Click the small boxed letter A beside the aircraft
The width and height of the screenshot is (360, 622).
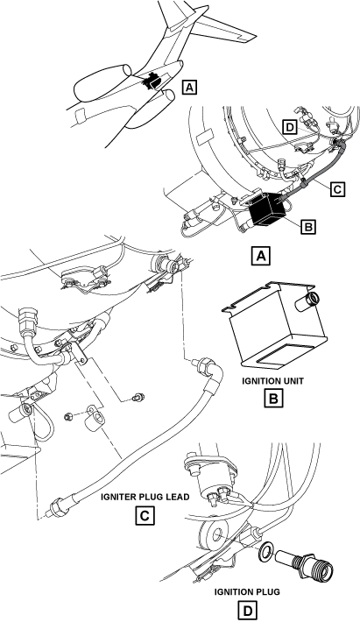(189, 87)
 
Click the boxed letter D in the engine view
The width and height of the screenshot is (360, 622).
(290, 127)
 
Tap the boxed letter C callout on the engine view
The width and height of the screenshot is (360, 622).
(337, 189)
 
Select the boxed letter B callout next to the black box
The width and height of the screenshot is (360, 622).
(308, 227)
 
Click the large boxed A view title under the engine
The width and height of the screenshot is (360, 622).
(261, 256)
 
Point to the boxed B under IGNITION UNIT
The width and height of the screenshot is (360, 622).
(273, 399)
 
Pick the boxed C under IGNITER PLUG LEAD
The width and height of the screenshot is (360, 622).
(145, 516)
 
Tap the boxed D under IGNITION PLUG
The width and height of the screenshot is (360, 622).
(247, 611)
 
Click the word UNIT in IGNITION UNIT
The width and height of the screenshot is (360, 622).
(292, 381)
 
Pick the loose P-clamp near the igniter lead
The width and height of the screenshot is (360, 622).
(95, 421)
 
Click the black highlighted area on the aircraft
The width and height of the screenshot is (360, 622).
(151, 81)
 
